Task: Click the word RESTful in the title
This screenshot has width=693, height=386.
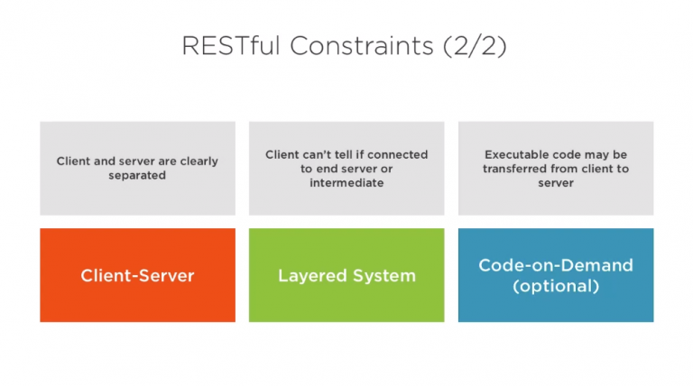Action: (x=231, y=45)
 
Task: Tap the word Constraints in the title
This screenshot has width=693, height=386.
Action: (x=362, y=45)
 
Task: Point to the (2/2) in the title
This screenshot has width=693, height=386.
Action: (x=475, y=46)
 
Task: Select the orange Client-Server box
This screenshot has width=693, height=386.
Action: (x=137, y=275)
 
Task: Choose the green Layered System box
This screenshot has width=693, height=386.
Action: (x=346, y=275)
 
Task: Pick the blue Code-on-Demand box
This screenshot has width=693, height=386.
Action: (x=556, y=275)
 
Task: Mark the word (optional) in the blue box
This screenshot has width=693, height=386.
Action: (x=556, y=286)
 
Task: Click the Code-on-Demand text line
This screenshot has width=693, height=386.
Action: (x=556, y=265)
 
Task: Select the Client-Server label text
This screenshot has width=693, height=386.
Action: (x=137, y=276)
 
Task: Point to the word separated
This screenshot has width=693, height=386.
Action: (x=137, y=175)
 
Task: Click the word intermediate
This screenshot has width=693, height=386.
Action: (x=346, y=183)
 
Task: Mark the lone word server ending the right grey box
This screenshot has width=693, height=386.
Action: (x=556, y=183)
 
